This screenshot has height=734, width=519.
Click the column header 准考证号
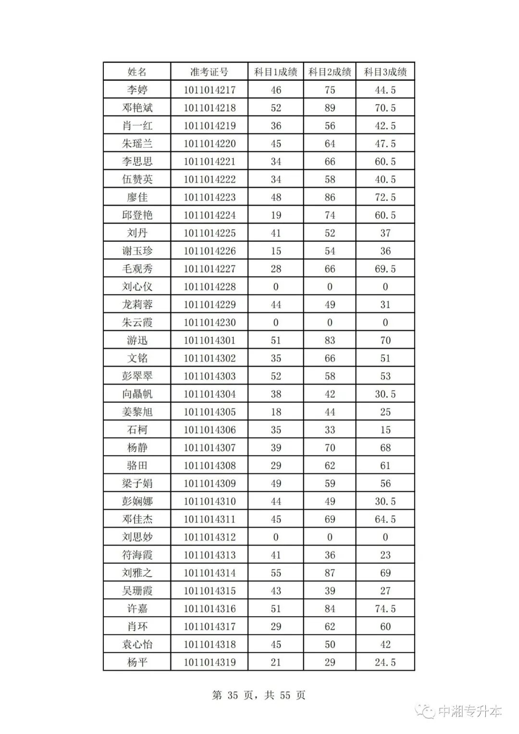[x=209, y=72]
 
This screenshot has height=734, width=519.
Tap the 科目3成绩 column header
[x=385, y=72]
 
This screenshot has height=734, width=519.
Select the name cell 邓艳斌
[x=137, y=108]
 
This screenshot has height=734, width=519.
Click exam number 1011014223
[x=210, y=197]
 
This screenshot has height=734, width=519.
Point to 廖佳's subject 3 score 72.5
[x=385, y=197]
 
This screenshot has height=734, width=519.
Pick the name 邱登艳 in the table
[x=137, y=215]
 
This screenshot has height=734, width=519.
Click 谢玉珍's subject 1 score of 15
[x=275, y=251]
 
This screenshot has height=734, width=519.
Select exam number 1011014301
[x=210, y=340]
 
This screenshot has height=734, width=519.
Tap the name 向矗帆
[x=137, y=394]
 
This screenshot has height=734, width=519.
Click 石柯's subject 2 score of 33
[x=330, y=430]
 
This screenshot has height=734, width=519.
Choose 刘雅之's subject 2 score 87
[x=330, y=573]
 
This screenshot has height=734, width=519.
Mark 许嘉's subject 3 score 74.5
[x=385, y=609]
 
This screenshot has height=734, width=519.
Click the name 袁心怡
[x=137, y=645]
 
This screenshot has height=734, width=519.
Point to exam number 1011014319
[x=210, y=662]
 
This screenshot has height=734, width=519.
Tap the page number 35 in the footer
[x=233, y=696]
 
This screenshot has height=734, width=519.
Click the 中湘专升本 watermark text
[x=470, y=711]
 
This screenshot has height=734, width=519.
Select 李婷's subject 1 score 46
[x=275, y=90]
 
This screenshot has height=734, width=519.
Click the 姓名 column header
[x=137, y=72]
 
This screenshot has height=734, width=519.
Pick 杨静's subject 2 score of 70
[x=330, y=448]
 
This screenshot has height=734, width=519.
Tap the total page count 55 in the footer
[x=285, y=696]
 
